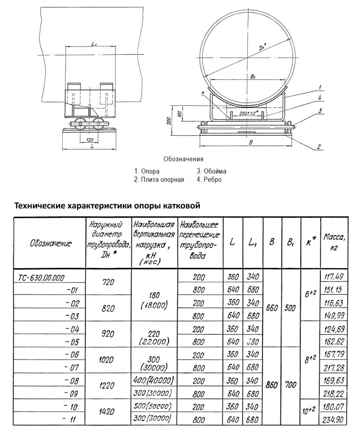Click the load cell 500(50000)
point(154,407)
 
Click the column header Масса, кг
point(334,242)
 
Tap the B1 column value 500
point(291,308)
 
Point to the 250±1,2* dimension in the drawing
point(249,113)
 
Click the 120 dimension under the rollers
point(89,140)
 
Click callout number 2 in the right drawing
point(319,146)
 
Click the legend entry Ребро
point(212,180)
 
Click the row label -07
point(71,367)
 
